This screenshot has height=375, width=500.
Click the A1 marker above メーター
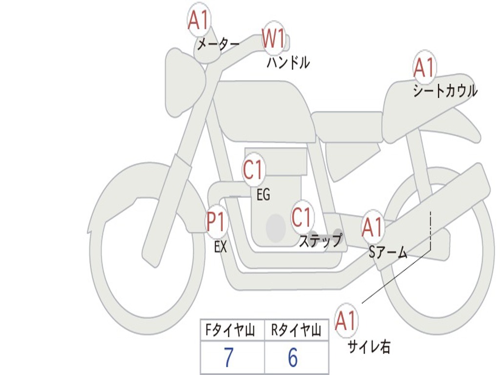pos(199,20)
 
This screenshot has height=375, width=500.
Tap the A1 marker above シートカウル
pos(424,67)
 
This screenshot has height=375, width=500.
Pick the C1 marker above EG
pos(253,170)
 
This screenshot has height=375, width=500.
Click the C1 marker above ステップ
pos(302,217)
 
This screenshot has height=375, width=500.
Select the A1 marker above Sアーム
pos(373,227)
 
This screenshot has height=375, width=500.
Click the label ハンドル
pos(288,62)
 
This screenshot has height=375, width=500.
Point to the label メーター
pos(218,45)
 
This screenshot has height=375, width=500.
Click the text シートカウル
pos(445,91)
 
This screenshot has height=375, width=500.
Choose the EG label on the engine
pos(263,195)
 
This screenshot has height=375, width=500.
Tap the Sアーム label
pos(388,252)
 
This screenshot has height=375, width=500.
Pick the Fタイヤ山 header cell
pos(232,331)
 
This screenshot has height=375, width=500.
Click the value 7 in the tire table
pos(229,358)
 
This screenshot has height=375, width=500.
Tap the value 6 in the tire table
pos(293,358)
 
